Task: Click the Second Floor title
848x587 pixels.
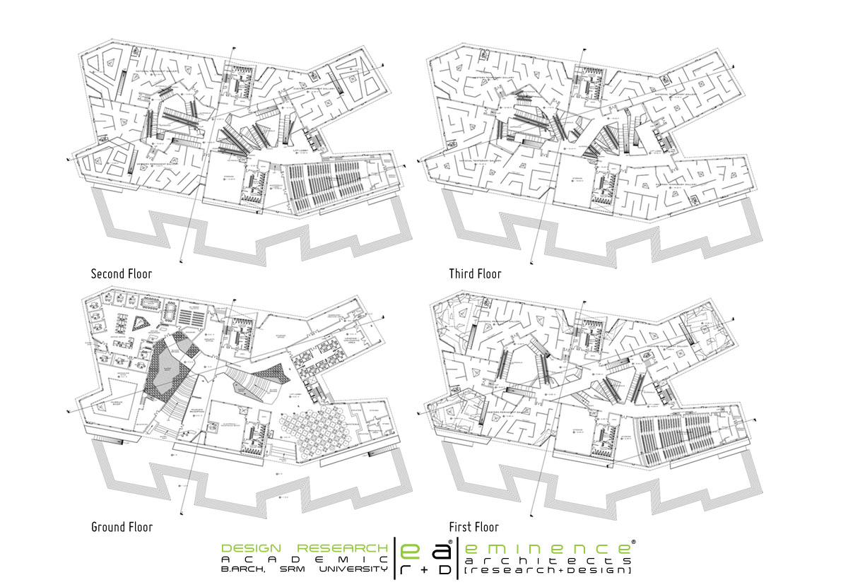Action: coord(122,273)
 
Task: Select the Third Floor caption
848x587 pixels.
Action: coord(475,273)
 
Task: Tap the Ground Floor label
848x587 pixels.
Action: coord(122,527)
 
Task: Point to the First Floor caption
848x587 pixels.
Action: coord(473,527)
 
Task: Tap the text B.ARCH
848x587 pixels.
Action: coord(243,569)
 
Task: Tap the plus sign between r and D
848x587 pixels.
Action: coord(425,568)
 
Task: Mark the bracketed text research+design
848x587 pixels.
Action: coord(548,569)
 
